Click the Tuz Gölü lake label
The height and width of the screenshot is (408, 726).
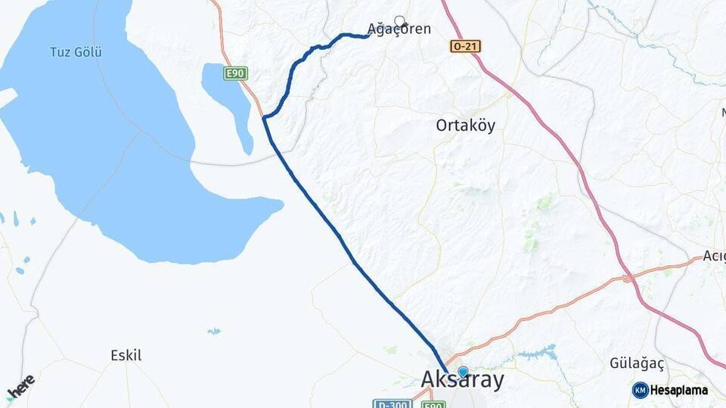tap(76, 52)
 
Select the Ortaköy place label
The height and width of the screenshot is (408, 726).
tap(466, 125)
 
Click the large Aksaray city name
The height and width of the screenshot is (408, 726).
tap(462, 380)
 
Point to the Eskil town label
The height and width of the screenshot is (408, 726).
tap(126, 355)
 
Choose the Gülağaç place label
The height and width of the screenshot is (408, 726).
tap(637, 363)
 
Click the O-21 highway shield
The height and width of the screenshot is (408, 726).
tap(465, 47)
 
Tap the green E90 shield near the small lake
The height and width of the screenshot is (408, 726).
tap(236, 73)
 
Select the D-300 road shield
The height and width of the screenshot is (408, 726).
tap(391, 404)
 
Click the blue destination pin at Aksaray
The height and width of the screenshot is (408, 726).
tap(463, 372)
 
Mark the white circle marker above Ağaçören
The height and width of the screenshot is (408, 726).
tap(399, 21)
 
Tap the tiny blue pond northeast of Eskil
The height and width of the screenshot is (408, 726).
tap(215, 331)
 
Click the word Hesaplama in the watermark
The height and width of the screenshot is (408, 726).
tap(679, 390)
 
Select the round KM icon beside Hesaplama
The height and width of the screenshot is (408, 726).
tap(640, 390)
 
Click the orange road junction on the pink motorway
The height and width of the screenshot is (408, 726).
tap(628, 279)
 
